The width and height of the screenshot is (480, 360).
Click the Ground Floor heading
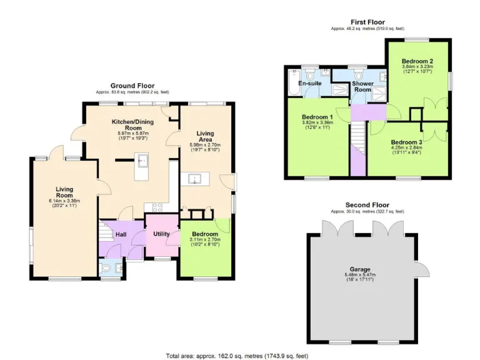click(132, 86)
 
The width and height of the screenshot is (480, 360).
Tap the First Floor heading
click(367, 22)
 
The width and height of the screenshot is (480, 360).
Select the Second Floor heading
click(367, 205)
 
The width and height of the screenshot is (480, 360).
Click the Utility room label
click(162, 234)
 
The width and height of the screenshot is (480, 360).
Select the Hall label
click(121, 234)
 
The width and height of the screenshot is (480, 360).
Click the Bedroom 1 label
click(317, 117)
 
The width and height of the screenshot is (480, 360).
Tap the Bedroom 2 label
click(417, 61)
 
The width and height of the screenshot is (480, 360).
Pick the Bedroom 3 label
click(407, 142)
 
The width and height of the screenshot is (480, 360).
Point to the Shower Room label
click(362, 87)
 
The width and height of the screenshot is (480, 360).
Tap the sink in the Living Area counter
click(196, 180)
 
